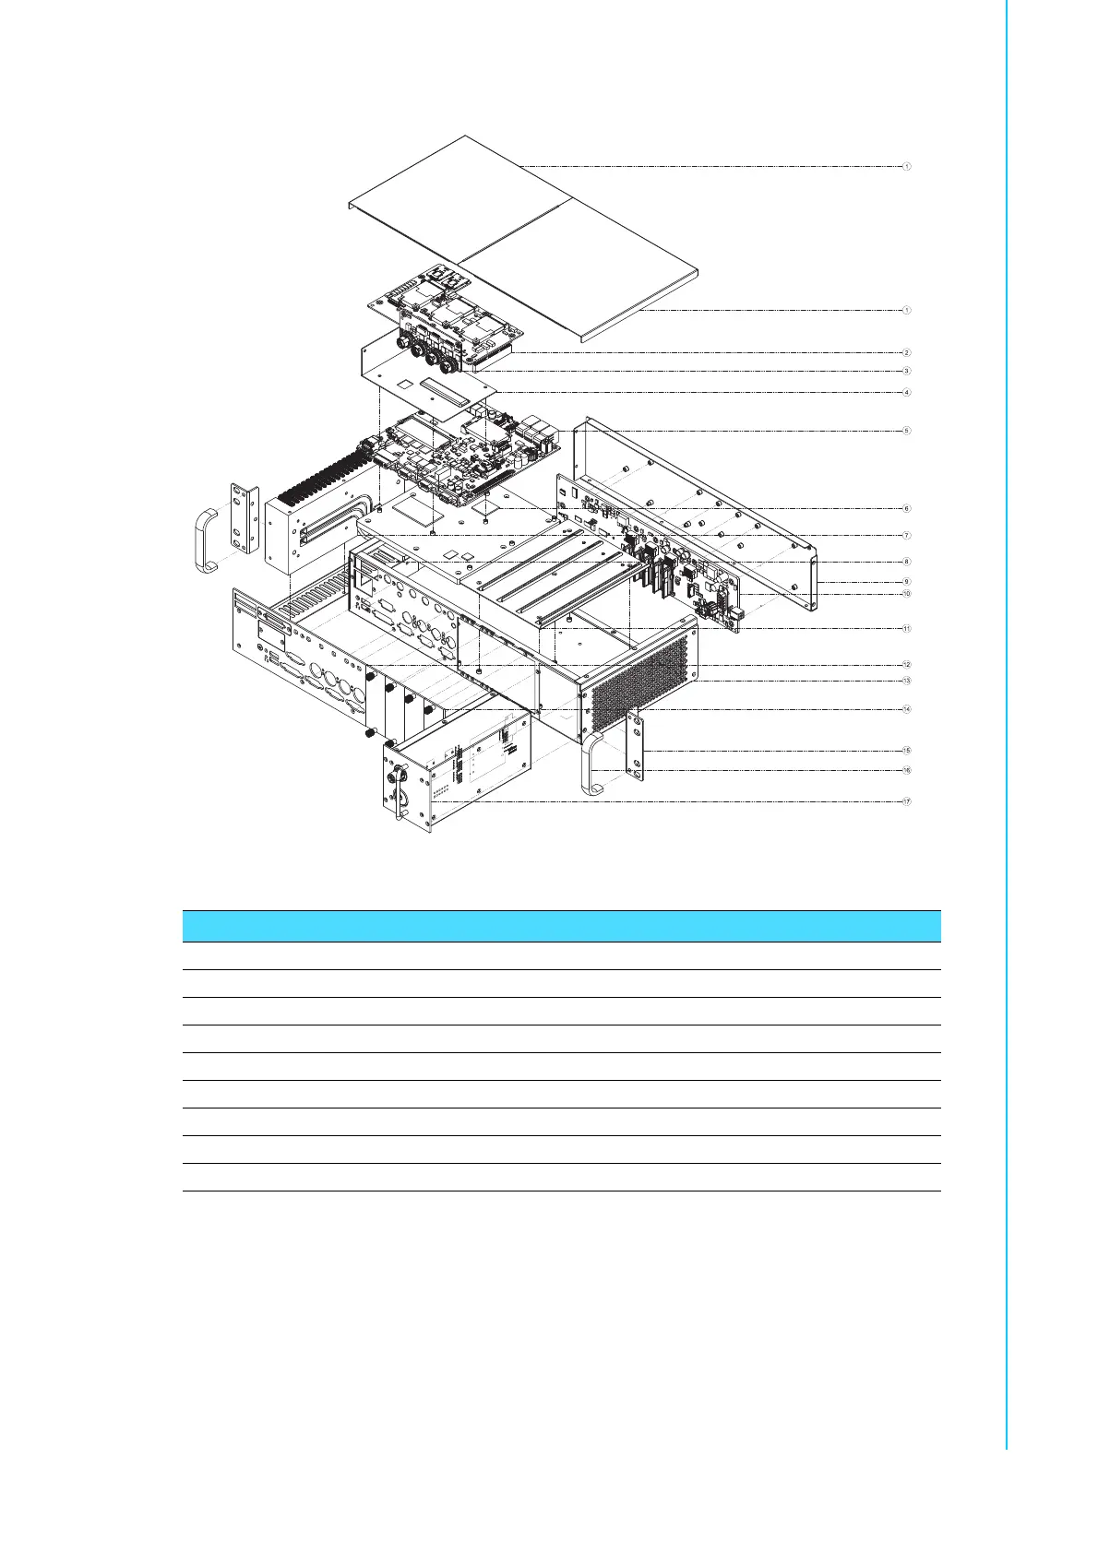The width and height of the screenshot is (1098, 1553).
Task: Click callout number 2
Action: (x=907, y=352)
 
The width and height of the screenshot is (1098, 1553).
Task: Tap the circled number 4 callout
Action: (x=907, y=392)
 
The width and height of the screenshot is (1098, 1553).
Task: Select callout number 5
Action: (x=907, y=431)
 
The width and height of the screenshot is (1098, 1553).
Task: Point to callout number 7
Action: (x=907, y=535)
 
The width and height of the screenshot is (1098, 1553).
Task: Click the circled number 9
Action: (x=907, y=582)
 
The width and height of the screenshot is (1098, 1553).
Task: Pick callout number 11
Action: (x=907, y=628)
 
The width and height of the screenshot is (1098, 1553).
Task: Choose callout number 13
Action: (x=907, y=681)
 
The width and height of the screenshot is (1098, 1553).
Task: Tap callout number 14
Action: (x=907, y=709)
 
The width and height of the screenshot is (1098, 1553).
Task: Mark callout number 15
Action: (x=907, y=750)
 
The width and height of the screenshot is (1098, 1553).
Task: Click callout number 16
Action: (x=907, y=770)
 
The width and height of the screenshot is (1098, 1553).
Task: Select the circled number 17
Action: (x=907, y=801)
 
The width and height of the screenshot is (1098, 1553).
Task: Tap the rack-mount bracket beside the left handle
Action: (x=244, y=517)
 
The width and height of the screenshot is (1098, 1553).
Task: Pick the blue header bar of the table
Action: (x=561, y=926)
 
